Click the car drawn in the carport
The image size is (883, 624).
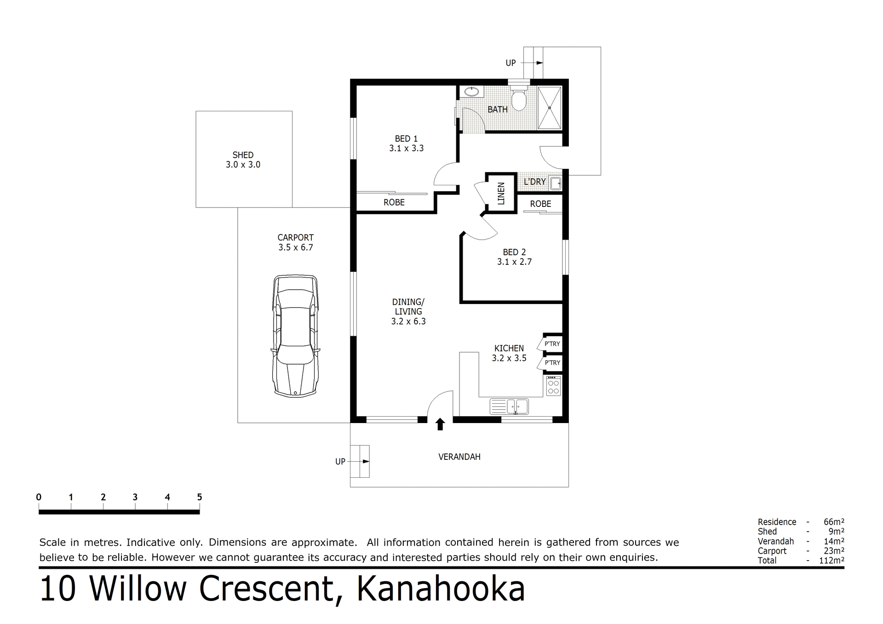click(x=295, y=336)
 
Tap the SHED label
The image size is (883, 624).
click(x=243, y=155)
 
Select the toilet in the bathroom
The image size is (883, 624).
click(x=519, y=98)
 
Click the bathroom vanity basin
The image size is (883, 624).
click(x=471, y=92)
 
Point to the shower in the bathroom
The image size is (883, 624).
click(x=550, y=108)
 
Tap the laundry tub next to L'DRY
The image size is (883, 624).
click(x=556, y=183)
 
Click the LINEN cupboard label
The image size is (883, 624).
click(x=501, y=193)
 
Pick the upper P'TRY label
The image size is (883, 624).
click(x=552, y=344)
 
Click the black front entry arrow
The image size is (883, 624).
click(x=440, y=424)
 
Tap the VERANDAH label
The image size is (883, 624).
click(x=459, y=457)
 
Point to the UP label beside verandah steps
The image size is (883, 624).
click(x=340, y=461)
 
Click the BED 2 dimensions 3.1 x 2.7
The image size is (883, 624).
click(x=514, y=262)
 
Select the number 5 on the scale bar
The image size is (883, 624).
click(x=199, y=497)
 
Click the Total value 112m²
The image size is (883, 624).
click(x=831, y=560)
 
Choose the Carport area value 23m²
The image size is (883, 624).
click(x=833, y=550)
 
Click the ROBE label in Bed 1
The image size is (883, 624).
click(x=394, y=202)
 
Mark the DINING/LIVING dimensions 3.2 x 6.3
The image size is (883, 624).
click(x=408, y=321)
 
